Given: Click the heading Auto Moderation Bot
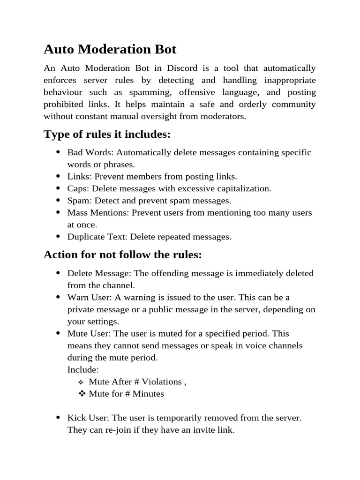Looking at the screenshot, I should pyautogui.click(x=110, y=49).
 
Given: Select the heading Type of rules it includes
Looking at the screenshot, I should pyautogui.click(x=107, y=135).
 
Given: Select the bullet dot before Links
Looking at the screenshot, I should pyautogui.click(x=58, y=177).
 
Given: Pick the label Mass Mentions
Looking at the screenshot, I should pyautogui.click(x=97, y=213).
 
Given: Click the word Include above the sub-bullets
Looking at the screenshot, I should pyautogui.click(x=83, y=369).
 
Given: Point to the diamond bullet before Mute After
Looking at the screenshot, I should pyautogui.click(x=81, y=382).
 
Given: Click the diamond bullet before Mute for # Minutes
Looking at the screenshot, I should pyautogui.click(x=81, y=394).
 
